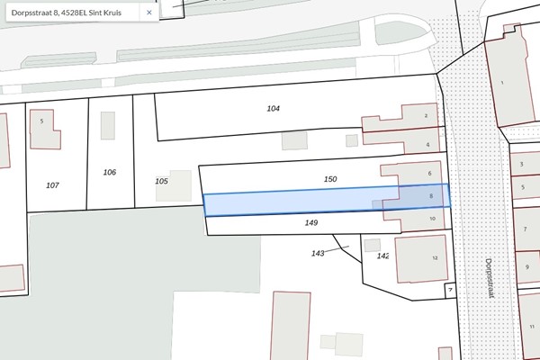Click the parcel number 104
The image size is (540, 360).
click(x=274, y=108)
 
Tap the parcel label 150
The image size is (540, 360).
click(x=330, y=179)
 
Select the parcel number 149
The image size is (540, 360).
click(x=311, y=221)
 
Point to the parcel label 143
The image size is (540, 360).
click(x=318, y=254)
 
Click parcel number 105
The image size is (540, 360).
click(x=161, y=181)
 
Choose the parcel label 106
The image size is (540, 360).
click(x=110, y=172)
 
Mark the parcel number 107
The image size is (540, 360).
click(x=52, y=184)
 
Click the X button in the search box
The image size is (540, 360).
click(x=148, y=13)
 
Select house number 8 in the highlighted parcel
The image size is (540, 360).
click(x=432, y=195)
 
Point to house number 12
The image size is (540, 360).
click(x=434, y=257)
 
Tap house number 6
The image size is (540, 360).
click(x=430, y=174)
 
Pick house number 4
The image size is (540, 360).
click(x=427, y=144)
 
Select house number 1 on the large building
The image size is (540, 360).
click(x=503, y=83)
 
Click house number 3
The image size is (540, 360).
click(x=522, y=165)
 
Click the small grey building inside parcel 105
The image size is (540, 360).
click(x=179, y=184)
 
